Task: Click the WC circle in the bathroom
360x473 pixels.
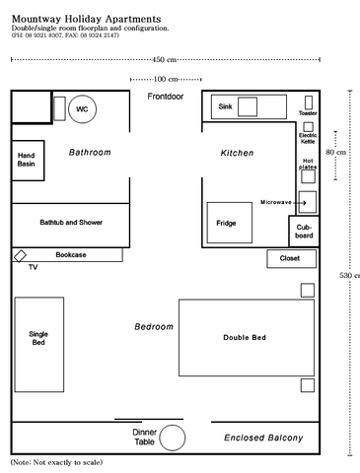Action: [x=82, y=108]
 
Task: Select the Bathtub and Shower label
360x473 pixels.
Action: [x=70, y=223]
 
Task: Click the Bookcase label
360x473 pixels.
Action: [x=70, y=255]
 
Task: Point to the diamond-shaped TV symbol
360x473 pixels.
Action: [x=20, y=256]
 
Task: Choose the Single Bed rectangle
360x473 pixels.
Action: [x=38, y=338]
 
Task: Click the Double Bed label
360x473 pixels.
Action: [x=245, y=338]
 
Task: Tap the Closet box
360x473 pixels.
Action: [x=290, y=259]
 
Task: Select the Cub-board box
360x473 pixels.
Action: [x=304, y=233]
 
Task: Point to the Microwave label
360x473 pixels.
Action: [x=275, y=201]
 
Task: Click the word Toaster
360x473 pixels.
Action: [x=308, y=113]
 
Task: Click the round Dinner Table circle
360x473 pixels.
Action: [x=174, y=438]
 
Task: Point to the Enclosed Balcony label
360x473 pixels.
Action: [x=262, y=438]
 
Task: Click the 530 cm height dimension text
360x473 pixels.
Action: [x=349, y=275]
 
